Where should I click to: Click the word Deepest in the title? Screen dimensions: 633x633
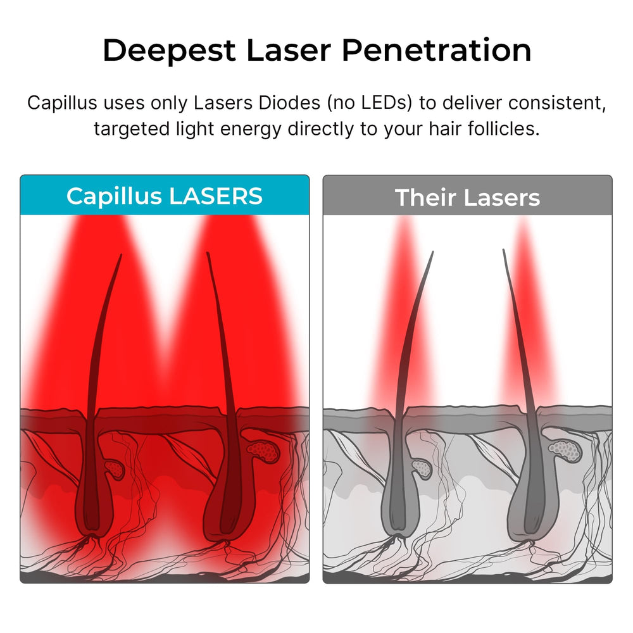[x=169, y=51]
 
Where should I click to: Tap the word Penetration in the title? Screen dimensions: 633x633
[x=436, y=50]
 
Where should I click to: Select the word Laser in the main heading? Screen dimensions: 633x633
[x=289, y=50]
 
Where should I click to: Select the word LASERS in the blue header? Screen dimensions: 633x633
[x=216, y=197]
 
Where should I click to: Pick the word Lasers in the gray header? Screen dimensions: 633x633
[x=502, y=197]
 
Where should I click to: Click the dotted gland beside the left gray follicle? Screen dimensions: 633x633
[x=422, y=469]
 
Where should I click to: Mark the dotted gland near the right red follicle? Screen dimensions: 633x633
[x=263, y=451]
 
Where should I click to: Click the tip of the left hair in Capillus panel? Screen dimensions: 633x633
[x=121, y=254]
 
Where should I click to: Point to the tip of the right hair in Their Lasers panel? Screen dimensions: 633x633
[x=503, y=250]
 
